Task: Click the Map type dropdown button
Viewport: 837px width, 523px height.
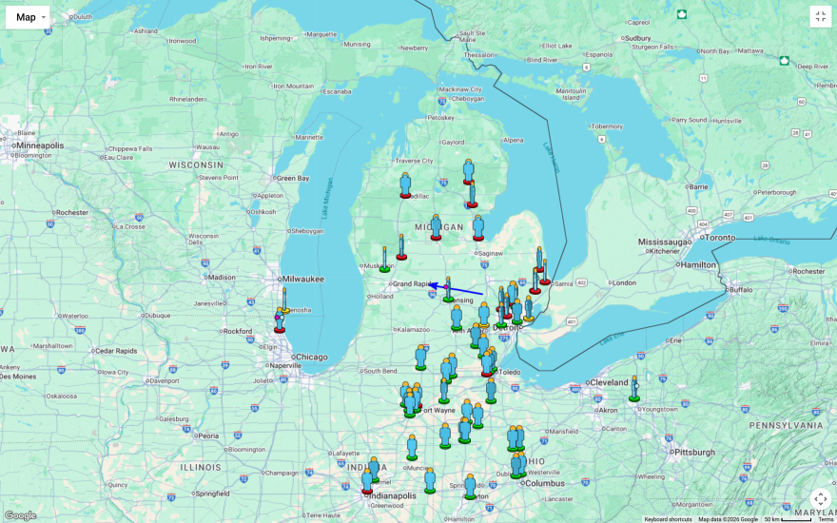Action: (28, 16)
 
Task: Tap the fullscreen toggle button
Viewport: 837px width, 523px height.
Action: (820, 16)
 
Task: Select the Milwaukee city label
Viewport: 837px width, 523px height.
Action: (302, 279)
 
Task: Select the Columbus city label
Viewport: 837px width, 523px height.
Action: (544, 483)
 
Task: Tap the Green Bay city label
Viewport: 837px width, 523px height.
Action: (292, 178)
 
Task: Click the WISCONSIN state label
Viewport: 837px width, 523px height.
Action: (196, 165)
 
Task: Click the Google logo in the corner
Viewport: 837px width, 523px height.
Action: (20, 514)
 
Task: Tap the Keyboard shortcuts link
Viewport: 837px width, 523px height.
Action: (668, 519)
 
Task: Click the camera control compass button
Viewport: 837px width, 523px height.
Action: (820, 498)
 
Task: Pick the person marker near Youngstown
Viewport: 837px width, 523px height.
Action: (634, 388)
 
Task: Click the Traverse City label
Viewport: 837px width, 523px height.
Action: (415, 161)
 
